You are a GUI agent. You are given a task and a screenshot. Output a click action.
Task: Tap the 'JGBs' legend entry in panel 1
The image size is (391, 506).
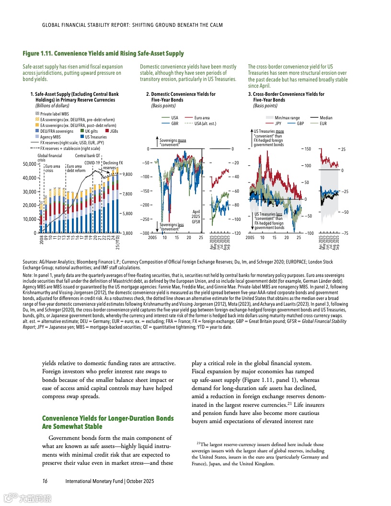point(114,131)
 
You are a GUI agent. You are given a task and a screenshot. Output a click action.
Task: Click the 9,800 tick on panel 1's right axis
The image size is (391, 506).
point(127,174)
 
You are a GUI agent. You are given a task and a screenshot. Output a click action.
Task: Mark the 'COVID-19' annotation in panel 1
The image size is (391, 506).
point(92,163)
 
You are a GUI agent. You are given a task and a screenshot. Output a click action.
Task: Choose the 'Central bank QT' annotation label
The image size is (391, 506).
point(88,156)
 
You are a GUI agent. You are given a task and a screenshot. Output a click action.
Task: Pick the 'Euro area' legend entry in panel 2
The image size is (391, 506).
point(204,117)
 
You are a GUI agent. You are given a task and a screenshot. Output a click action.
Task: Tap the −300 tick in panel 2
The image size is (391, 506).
point(144,233)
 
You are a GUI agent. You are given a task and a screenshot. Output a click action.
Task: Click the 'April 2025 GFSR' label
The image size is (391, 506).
point(195,217)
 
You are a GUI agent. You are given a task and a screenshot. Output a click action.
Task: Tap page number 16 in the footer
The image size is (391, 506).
point(44,481)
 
